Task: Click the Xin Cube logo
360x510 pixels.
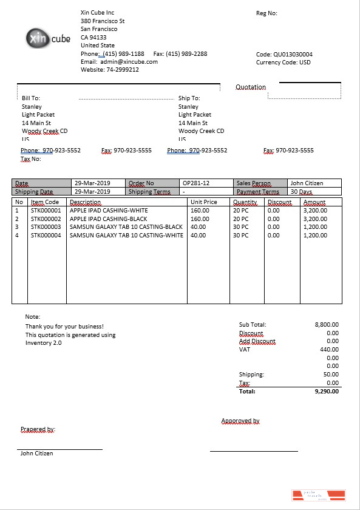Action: point(49,38)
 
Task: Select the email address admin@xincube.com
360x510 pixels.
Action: point(129,62)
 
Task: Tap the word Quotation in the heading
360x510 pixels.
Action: point(251,87)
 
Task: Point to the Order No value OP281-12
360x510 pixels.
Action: point(195,183)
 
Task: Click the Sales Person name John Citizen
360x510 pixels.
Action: point(307,183)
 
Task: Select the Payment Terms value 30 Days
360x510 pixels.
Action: point(302,192)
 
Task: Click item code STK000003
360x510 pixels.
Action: point(46,227)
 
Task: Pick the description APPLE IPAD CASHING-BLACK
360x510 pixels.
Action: point(109,219)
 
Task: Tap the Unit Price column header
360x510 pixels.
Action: point(204,202)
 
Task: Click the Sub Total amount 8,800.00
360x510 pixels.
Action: point(327,325)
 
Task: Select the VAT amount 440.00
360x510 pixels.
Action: point(329,350)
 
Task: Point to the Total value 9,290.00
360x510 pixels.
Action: point(327,392)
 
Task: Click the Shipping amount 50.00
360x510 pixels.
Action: point(331,375)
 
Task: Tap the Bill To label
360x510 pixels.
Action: point(31,98)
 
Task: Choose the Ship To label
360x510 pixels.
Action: point(189,98)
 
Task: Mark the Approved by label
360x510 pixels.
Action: point(240,421)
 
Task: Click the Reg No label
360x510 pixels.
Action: point(267,13)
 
